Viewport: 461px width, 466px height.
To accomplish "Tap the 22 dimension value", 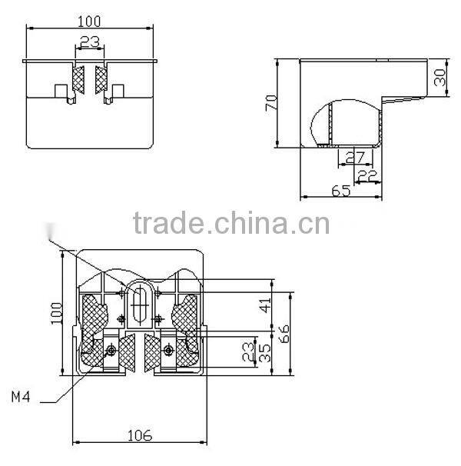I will (x=367, y=175).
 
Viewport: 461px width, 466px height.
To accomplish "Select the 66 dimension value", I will (x=284, y=333).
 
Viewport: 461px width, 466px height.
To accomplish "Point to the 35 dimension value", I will (x=264, y=353).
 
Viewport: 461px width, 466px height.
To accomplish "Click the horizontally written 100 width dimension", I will (x=91, y=20).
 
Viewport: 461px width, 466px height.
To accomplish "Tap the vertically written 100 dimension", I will (x=56, y=314).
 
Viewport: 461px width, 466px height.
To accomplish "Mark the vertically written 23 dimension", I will (x=247, y=353).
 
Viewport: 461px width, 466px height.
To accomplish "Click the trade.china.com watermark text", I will (x=230, y=224).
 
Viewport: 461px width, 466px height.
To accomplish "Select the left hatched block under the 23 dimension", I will (x=77, y=82).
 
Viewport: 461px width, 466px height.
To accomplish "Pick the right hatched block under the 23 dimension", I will (x=101, y=82).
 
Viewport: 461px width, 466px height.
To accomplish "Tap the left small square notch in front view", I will (x=60, y=91).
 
